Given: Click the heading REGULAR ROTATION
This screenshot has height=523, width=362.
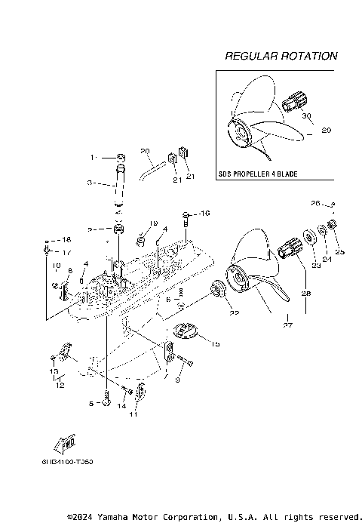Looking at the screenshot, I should tap(281, 57).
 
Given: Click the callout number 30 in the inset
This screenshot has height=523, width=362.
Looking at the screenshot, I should tap(306, 117).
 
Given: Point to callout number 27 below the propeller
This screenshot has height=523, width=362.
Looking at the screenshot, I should tap(287, 326).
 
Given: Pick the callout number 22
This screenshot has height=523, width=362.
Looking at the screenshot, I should tap(235, 313).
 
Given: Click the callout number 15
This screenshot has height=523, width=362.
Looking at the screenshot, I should tap(215, 344).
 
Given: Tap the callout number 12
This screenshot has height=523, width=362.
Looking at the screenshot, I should tap(60, 385).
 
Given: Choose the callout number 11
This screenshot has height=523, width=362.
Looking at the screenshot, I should tap(135, 414).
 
